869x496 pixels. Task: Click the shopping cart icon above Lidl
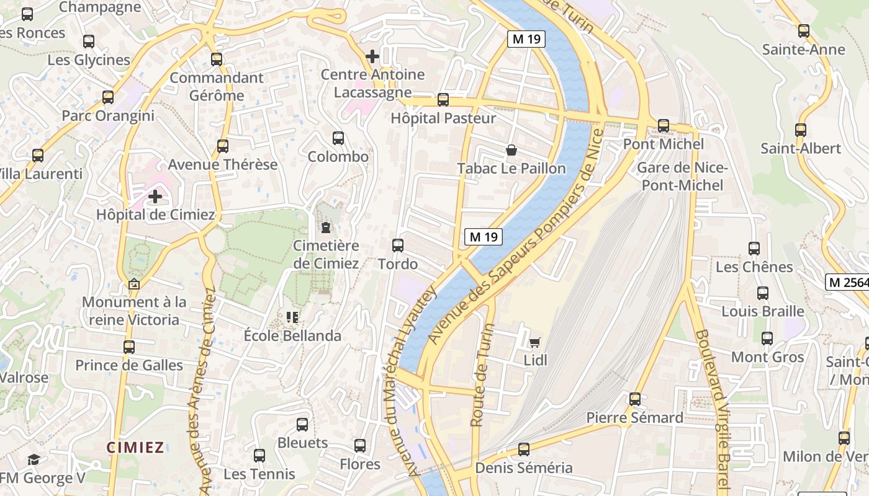(x=534, y=342)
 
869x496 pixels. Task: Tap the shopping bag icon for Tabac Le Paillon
(x=511, y=150)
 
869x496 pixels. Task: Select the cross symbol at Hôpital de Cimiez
(x=155, y=197)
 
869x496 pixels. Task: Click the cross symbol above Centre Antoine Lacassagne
(x=372, y=56)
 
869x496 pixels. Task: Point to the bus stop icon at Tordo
(x=398, y=246)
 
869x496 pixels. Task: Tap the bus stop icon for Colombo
(x=338, y=138)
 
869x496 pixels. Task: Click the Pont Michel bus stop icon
(x=664, y=126)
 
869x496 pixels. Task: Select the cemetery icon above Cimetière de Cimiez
(x=326, y=228)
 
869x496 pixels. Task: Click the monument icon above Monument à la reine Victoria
(x=133, y=285)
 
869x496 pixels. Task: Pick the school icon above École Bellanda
(x=292, y=317)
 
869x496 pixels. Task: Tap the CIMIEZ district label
(x=135, y=447)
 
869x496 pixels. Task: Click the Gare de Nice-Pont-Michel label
(x=682, y=176)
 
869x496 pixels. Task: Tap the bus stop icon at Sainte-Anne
(x=804, y=31)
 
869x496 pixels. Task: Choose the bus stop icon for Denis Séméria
(x=524, y=449)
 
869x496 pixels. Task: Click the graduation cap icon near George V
(x=34, y=459)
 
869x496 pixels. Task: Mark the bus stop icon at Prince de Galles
(x=129, y=347)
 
